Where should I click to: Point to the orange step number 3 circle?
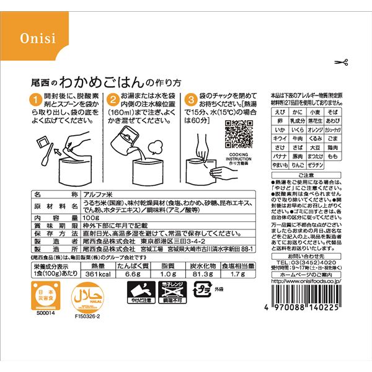click(192, 99)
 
